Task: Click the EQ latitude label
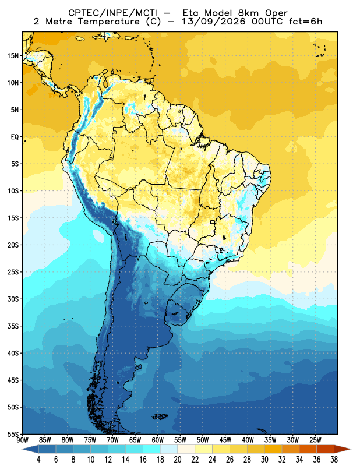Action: point(15,137)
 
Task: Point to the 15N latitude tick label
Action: point(13,56)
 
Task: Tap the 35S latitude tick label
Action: point(13,326)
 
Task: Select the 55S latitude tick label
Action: point(13,434)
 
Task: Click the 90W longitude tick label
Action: point(23,440)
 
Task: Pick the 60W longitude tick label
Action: point(157,440)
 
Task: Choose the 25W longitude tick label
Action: point(315,440)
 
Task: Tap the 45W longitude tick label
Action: point(225,440)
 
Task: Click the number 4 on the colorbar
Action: point(38,460)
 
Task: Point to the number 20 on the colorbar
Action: point(178,460)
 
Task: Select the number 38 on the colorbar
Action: point(334,460)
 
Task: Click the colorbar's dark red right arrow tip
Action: point(351,449)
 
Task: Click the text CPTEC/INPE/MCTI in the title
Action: point(113,13)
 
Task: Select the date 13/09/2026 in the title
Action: point(214,22)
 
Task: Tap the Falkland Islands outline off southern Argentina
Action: point(160,416)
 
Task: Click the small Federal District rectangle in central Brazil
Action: point(213,222)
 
